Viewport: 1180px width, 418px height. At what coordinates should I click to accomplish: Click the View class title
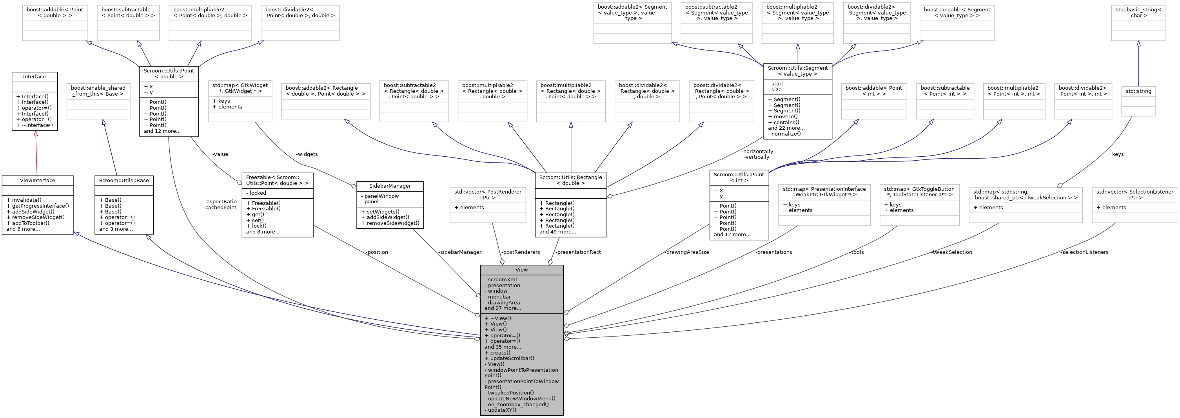(x=521, y=270)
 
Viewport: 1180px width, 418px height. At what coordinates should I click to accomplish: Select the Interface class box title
(x=34, y=76)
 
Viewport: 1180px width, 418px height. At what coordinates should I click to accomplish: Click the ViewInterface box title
(x=38, y=180)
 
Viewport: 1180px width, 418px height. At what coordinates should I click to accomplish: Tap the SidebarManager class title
(x=390, y=186)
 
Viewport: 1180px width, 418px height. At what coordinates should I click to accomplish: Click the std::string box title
(x=1138, y=91)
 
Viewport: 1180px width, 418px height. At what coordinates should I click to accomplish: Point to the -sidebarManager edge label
(x=459, y=252)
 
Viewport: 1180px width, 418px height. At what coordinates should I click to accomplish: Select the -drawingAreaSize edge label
(x=687, y=252)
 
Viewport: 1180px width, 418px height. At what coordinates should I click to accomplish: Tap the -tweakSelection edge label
(x=951, y=252)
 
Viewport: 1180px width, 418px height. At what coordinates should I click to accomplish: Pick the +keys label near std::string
(x=1115, y=154)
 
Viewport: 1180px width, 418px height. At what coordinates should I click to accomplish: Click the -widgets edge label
(x=307, y=154)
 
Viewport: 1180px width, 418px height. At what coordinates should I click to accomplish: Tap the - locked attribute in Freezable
(x=258, y=193)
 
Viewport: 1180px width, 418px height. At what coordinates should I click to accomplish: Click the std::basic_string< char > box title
(x=1138, y=13)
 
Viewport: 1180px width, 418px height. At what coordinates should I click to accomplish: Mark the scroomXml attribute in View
(x=502, y=280)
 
